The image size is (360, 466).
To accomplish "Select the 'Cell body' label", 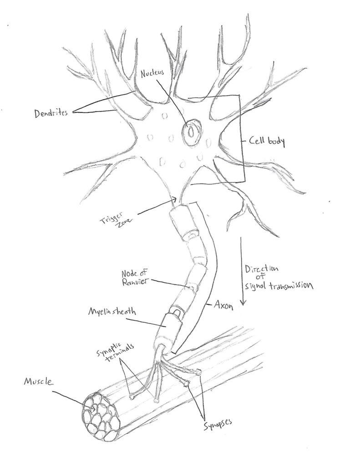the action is coord(267,142).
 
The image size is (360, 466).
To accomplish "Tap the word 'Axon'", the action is coord(223,306).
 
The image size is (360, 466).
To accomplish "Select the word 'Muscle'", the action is coord(39,382).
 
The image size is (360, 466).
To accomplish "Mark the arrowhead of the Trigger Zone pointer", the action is coord(176,198).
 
